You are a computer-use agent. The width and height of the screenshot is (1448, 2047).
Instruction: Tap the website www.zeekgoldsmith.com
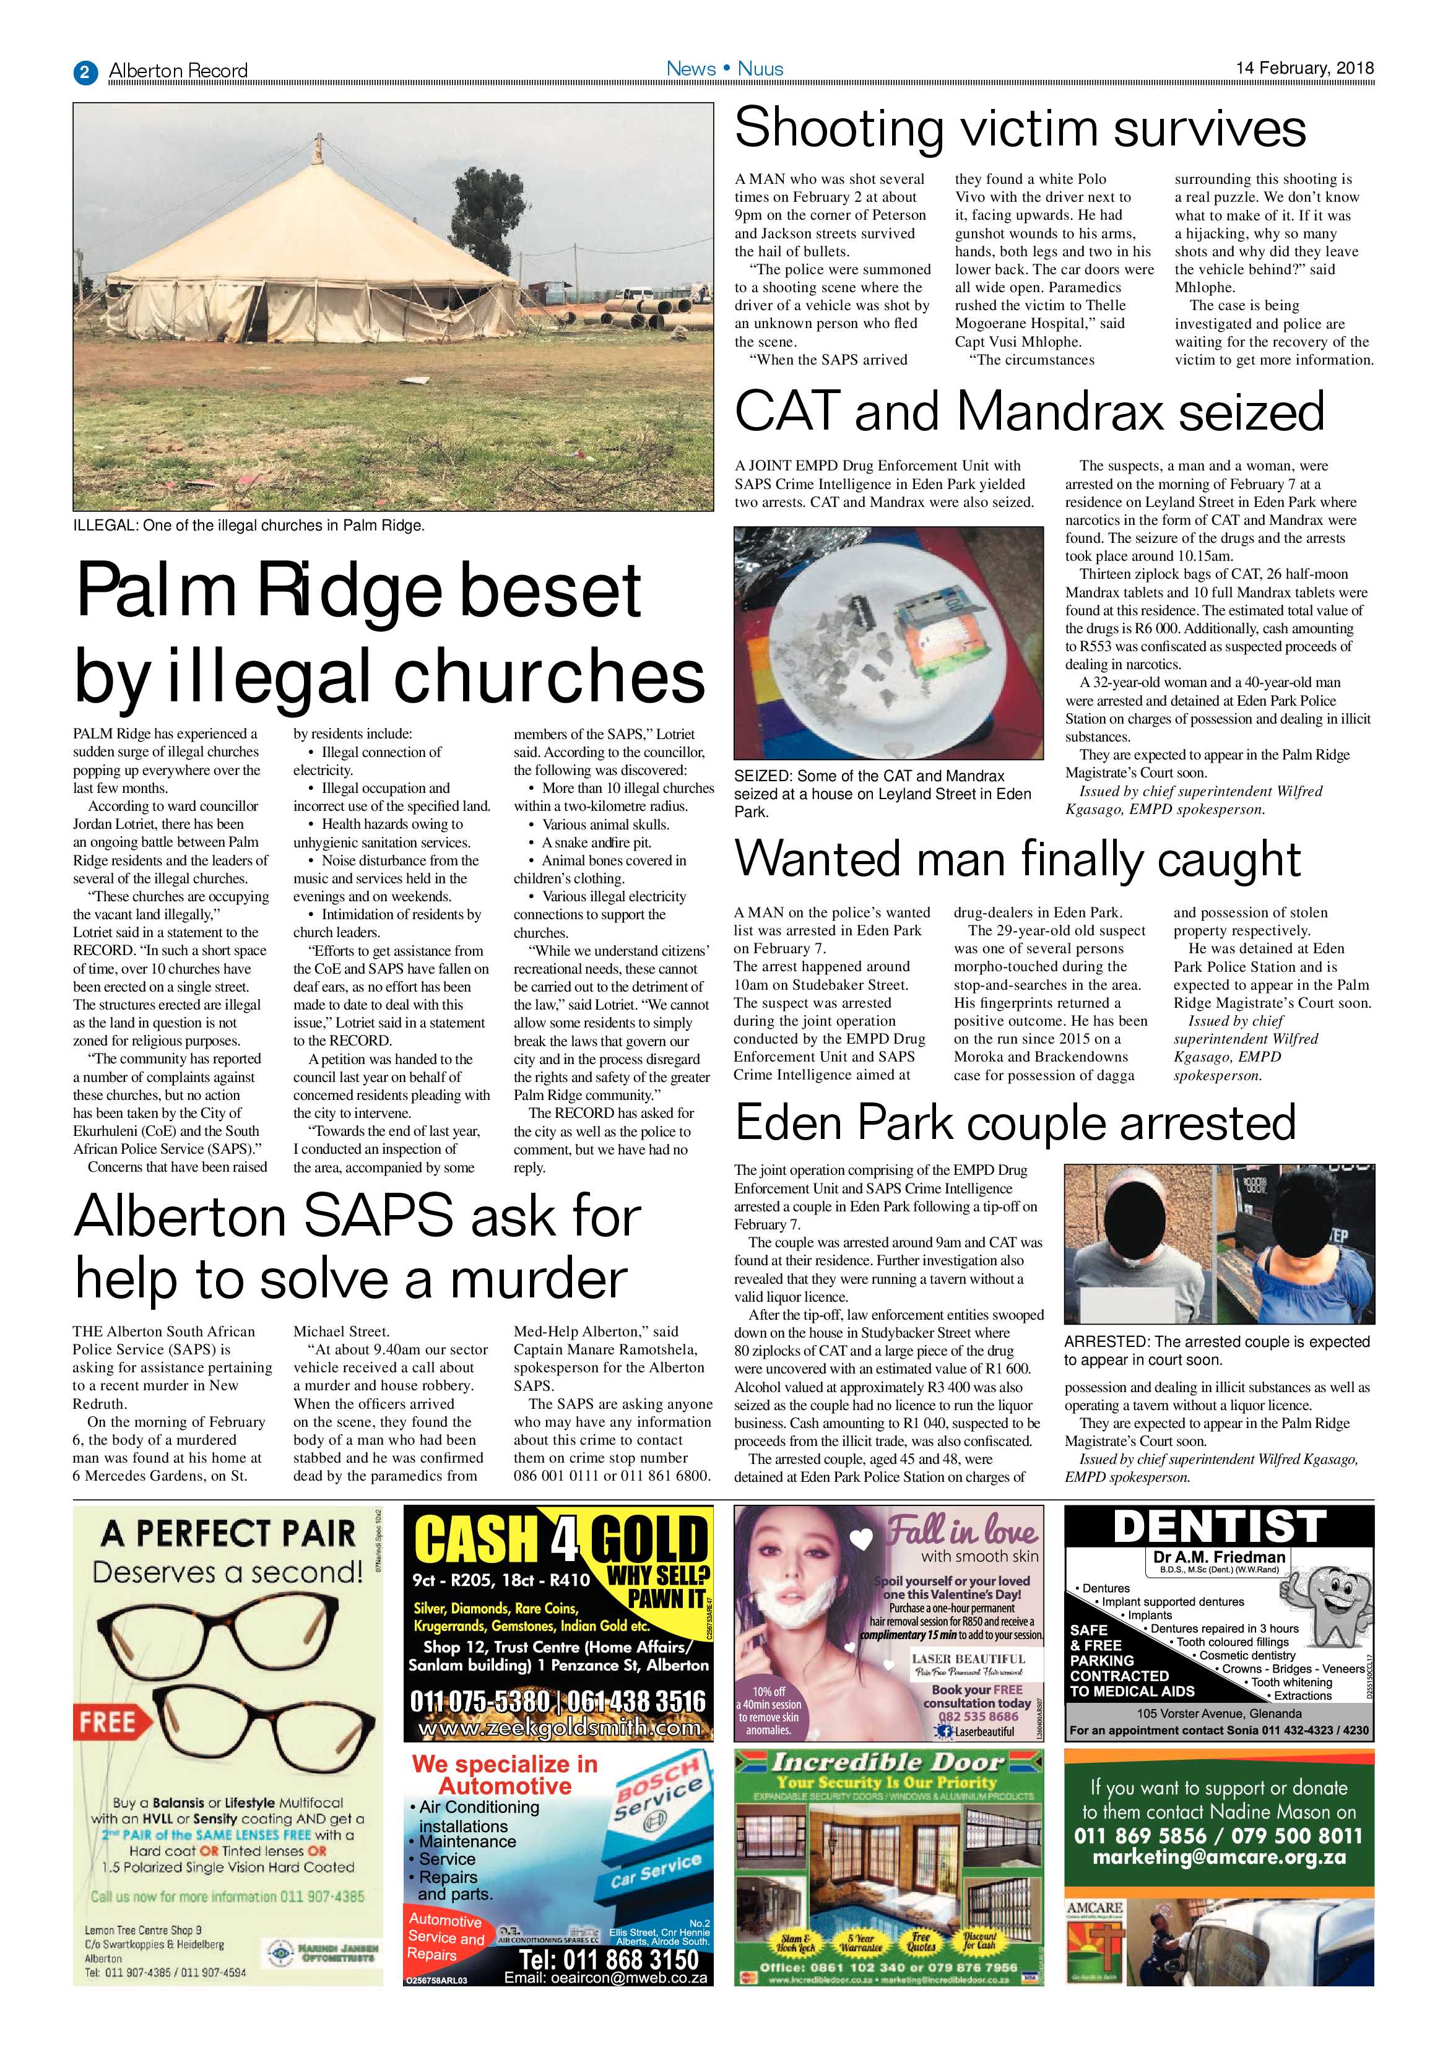559,1728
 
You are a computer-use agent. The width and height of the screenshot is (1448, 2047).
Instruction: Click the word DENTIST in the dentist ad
1219,1527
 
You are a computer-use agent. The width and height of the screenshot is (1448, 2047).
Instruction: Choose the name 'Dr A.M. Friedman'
1219,1557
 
